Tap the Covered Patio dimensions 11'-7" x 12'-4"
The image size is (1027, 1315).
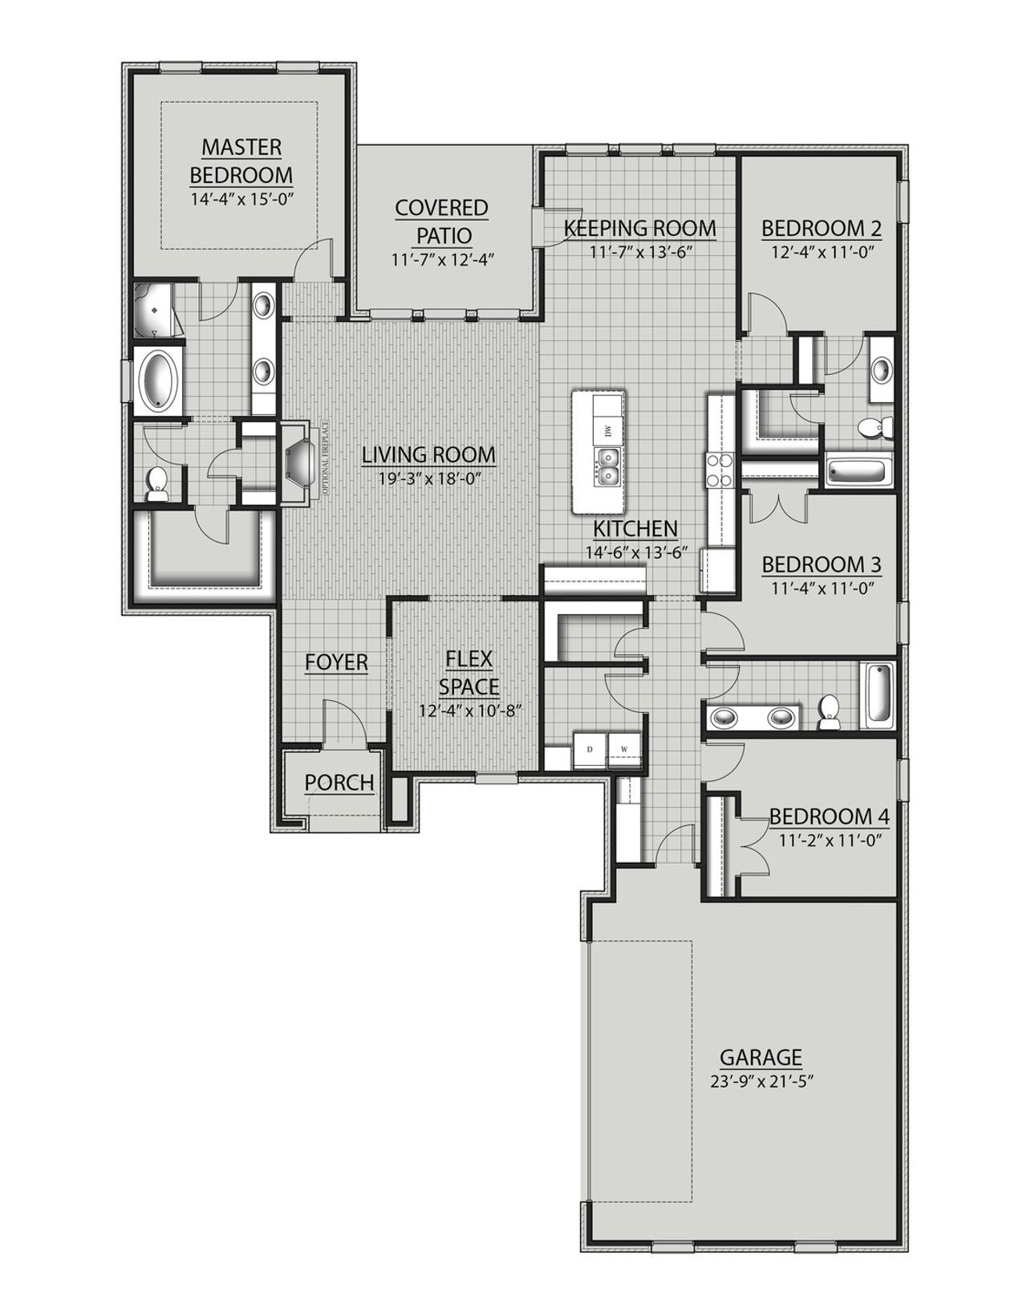pos(441,260)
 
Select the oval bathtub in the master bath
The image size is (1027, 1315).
pos(157,380)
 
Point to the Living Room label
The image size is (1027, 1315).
pos(428,455)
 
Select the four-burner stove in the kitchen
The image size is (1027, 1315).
pos(719,470)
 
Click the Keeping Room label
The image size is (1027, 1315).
pos(639,228)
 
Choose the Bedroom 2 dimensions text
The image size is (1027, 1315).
pos(821,250)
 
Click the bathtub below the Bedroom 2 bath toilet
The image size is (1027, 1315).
pos(859,472)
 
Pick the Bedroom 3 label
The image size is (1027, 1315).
pos(821,564)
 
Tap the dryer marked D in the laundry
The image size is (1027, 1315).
pos(590,750)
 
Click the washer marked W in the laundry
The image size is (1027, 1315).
pos(624,750)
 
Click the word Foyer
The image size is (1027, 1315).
pos(336,662)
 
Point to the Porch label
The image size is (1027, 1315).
pos(339,782)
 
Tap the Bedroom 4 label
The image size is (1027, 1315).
pos(829,817)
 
